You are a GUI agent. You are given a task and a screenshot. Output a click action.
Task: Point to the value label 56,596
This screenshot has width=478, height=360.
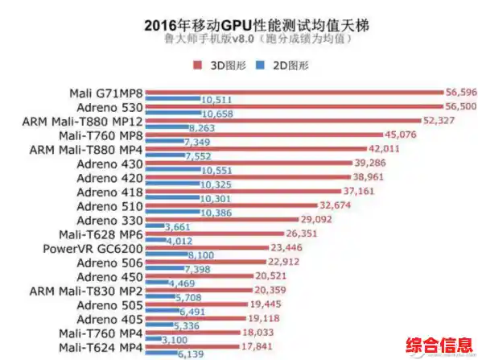click(x=462, y=91)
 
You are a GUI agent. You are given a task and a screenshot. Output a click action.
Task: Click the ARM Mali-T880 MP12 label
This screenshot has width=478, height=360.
click(x=84, y=121)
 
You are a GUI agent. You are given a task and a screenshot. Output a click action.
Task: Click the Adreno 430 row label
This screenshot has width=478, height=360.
click(x=109, y=163)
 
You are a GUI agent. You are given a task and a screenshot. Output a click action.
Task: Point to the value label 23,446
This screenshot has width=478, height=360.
click(x=309, y=248)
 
